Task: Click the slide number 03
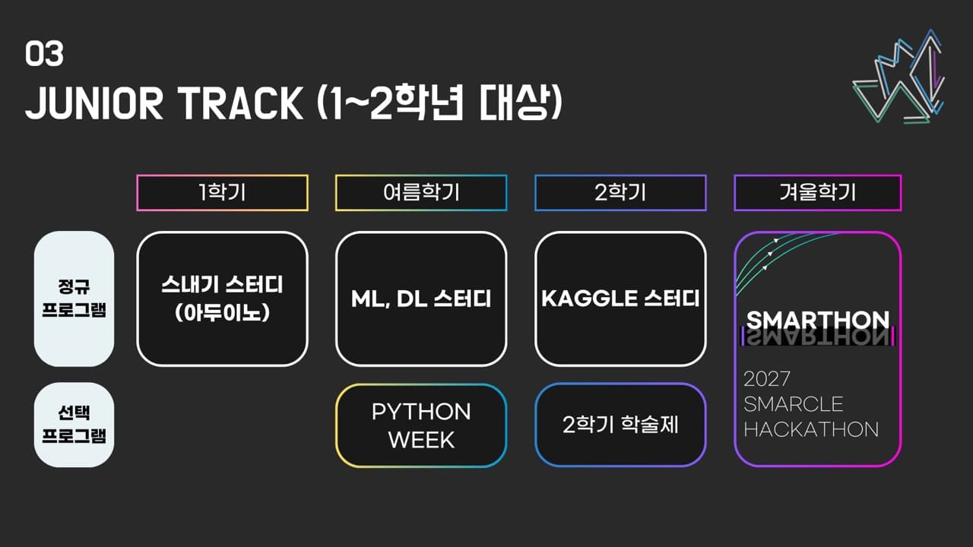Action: tap(44, 55)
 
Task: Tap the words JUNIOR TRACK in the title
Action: tap(163, 103)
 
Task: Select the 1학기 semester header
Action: tap(222, 193)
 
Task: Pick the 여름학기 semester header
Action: tap(421, 193)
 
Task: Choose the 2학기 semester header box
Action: tap(620, 193)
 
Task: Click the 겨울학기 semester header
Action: tap(817, 193)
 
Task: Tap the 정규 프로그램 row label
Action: tap(74, 299)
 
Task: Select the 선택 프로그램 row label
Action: tap(74, 425)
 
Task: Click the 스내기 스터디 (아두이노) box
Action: tap(222, 299)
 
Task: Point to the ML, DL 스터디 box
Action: tap(421, 299)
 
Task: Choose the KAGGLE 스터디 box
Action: tap(620, 299)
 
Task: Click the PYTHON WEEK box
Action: tap(421, 425)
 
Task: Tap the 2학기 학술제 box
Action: tap(620, 425)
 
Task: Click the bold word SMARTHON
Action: tap(817, 320)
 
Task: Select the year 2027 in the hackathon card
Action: tap(767, 378)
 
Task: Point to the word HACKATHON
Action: tap(810, 429)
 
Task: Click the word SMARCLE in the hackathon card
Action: tap(794, 403)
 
